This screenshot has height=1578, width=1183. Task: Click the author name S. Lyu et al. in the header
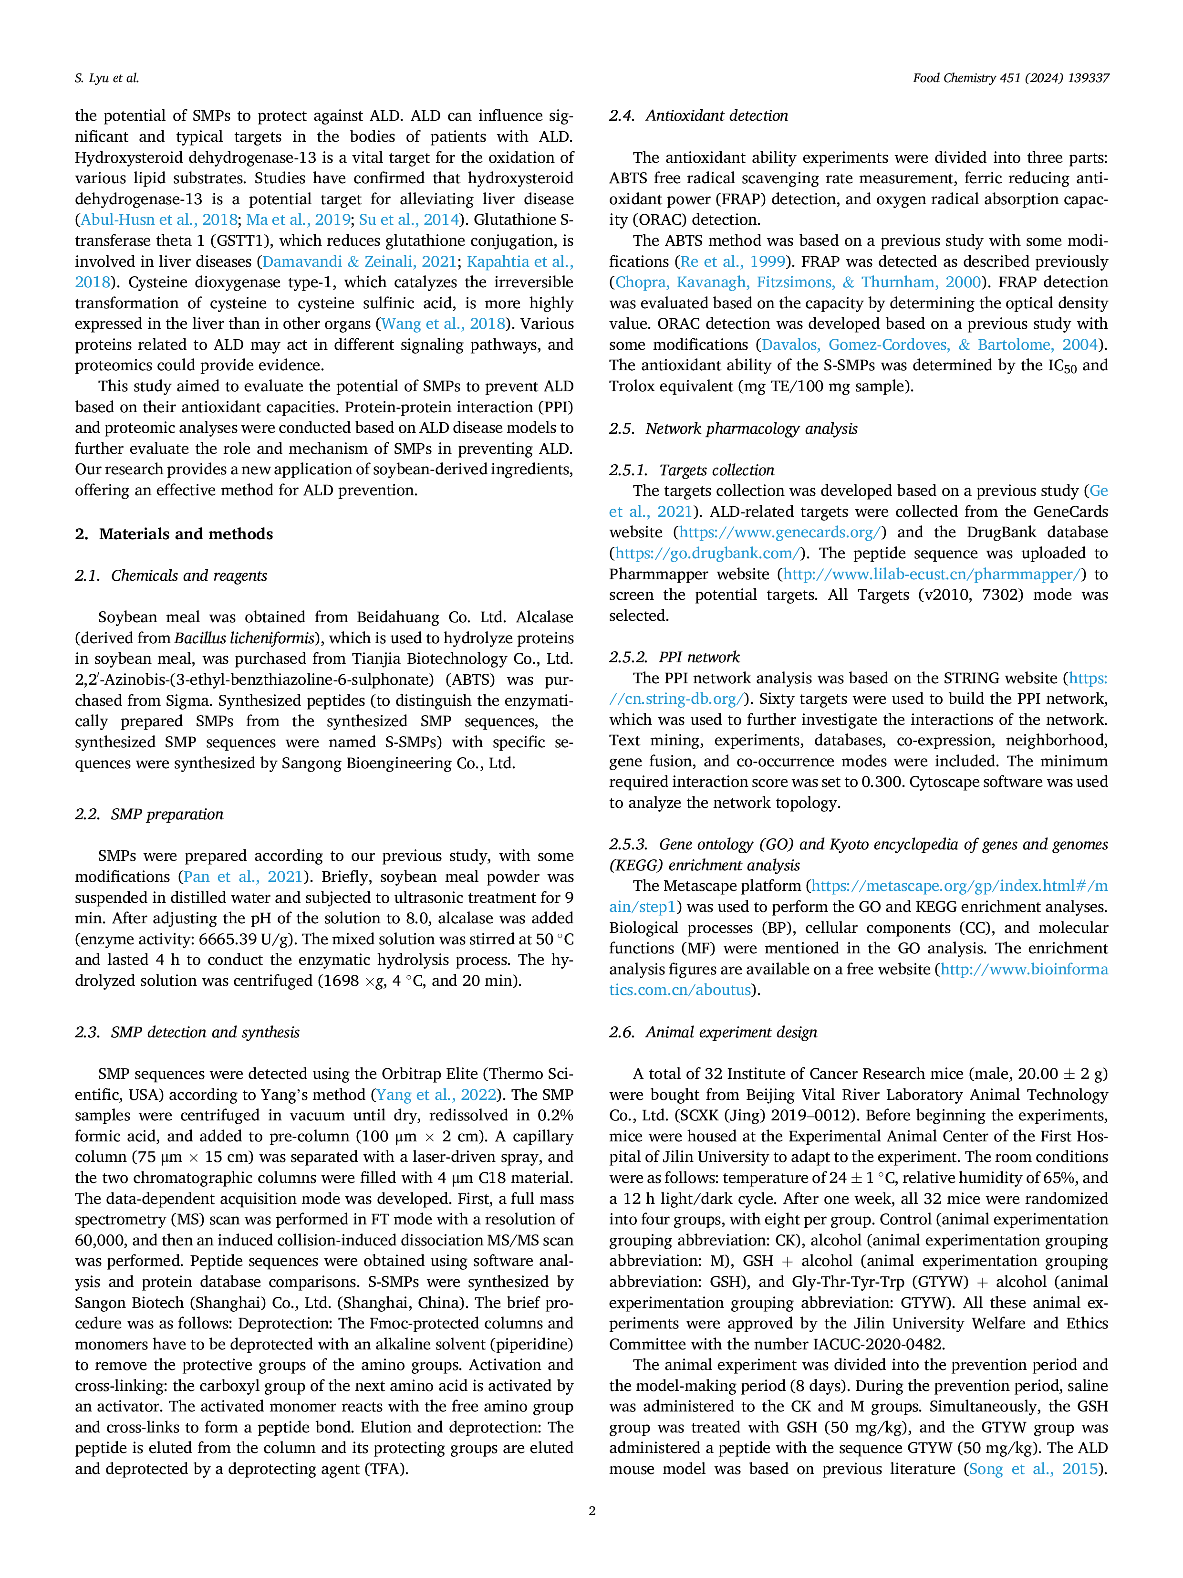coord(107,78)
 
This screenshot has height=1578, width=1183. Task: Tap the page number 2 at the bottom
coord(592,1510)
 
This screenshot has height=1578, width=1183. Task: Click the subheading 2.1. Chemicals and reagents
coord(171,575)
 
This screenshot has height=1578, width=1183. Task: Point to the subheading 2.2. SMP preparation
coord(149,814)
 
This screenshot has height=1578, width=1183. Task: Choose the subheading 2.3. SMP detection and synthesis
coord(187,1032)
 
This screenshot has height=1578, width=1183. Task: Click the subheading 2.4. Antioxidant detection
coord(699,115)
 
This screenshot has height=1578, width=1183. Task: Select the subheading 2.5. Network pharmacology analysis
coord(733,429)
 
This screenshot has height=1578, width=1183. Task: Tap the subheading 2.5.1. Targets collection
coord(692,470)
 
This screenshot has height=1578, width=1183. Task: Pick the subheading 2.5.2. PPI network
coord(675,657)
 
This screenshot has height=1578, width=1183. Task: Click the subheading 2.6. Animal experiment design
coord(713,1032)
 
